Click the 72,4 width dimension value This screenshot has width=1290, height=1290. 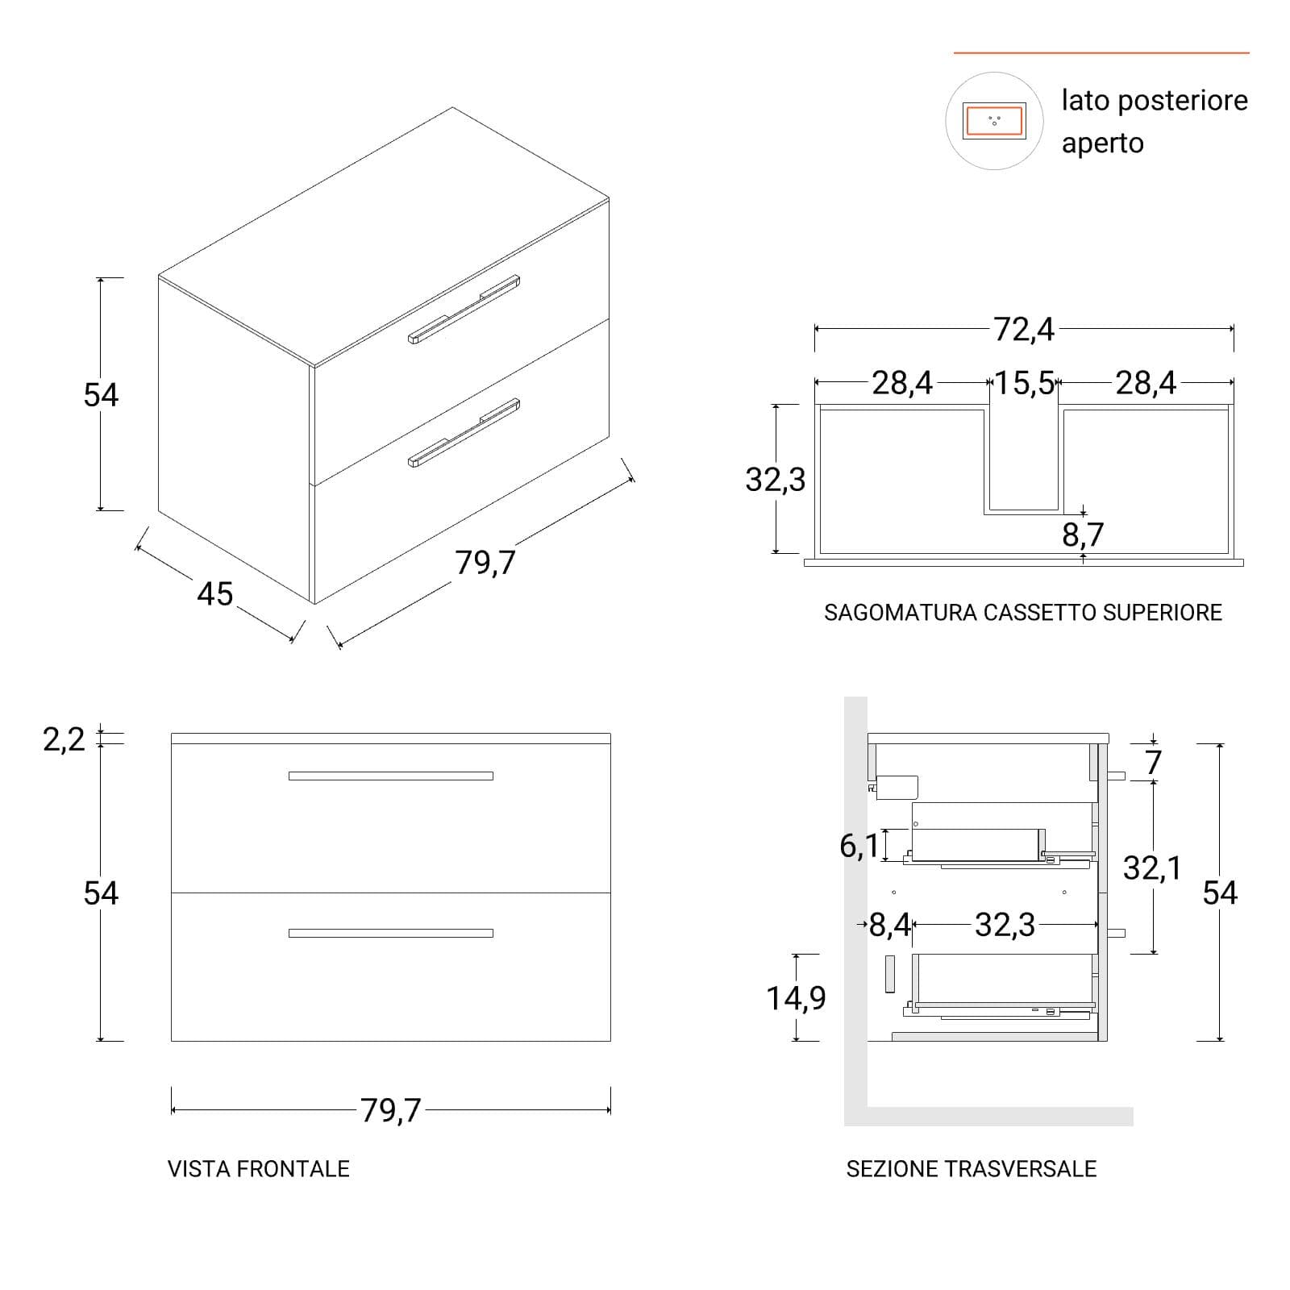tap(1023, 330)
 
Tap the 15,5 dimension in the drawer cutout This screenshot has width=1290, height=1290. tap(1023, 383)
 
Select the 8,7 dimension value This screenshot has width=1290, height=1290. tap(1083, 535)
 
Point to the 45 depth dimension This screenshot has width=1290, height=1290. tap(215, 594)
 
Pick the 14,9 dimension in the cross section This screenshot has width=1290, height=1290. tap(796, 998)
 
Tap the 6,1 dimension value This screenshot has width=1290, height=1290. tap(859, 846)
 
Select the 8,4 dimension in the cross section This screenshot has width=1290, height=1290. tap(889, 925)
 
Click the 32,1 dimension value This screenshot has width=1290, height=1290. tap(1152, 868)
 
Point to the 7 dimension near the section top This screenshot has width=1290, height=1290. tap(1154, 763)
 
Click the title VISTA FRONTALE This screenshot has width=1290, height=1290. tap(259, 1169)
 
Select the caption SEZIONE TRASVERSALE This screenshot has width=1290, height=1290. tap(972, 1169)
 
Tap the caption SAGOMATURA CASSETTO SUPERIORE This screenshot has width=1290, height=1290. tap(1023, 613)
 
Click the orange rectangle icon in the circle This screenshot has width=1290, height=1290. tap(994, 122)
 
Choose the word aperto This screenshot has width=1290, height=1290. tap(1102, 144)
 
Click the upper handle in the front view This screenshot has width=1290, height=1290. tap(391, 776)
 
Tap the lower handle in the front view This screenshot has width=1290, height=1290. tap(391, 934)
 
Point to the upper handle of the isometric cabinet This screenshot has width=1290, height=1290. tap(464, 310)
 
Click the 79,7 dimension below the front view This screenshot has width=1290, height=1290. tap(391, 1111)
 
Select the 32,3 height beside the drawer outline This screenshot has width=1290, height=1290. tap(775, 480)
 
